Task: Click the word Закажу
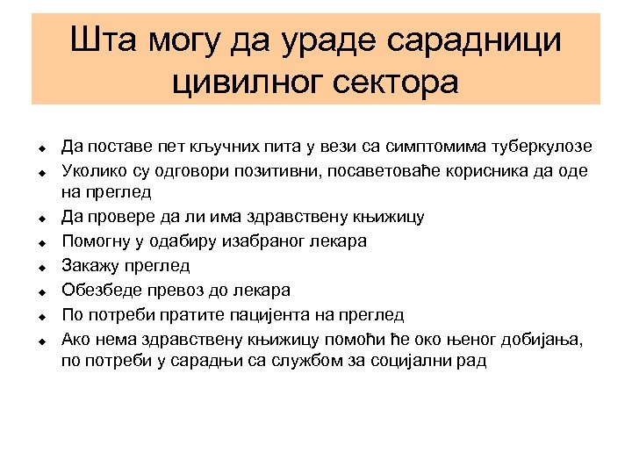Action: [90, 265]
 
